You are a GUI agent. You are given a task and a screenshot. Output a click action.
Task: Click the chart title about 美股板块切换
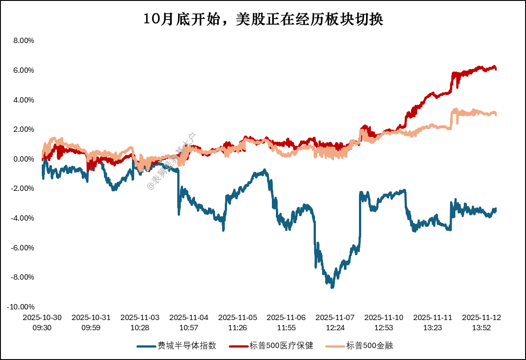263,20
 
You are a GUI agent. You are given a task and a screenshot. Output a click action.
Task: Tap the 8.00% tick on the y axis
24,41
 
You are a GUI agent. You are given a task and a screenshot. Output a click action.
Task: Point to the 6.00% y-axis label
24,70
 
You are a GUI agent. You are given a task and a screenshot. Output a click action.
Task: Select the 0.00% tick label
24,159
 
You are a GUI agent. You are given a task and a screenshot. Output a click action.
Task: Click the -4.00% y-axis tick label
23,218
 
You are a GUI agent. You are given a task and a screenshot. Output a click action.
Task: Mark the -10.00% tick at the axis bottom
21,307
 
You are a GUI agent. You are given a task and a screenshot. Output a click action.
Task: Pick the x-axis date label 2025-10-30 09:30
42,322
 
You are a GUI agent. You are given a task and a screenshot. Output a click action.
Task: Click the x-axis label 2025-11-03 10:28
140,322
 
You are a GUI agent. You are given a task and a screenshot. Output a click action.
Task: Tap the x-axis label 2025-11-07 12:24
335,322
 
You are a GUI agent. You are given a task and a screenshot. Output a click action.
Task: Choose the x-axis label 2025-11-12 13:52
482,322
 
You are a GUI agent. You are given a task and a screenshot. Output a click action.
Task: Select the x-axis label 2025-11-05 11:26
238,322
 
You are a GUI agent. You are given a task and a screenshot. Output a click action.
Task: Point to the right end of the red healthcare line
496,69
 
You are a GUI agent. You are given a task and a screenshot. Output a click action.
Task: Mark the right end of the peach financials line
496,115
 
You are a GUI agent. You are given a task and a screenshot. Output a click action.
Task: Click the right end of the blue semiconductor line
496,209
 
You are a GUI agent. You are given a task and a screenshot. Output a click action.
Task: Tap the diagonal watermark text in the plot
171,162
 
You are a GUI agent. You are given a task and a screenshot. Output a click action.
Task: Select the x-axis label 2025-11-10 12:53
384,322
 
